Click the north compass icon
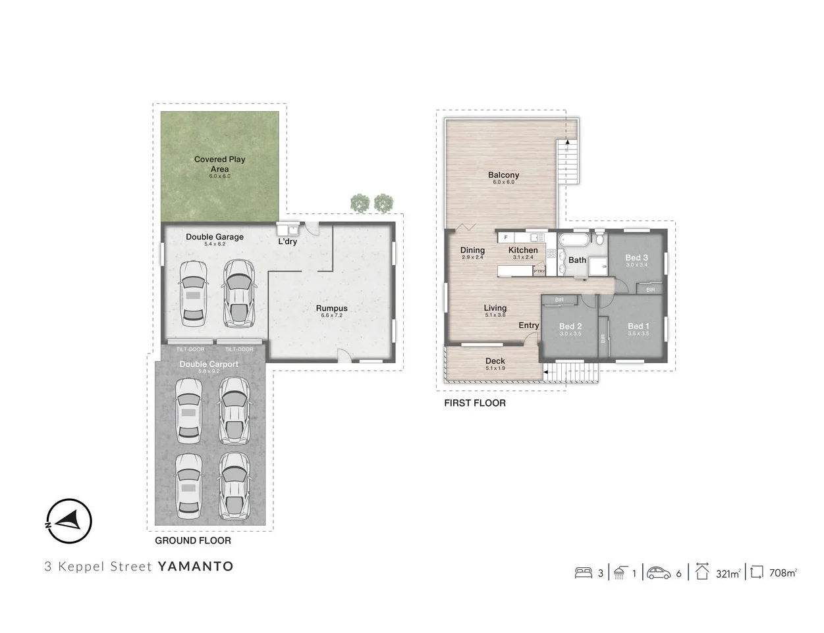[69, 521]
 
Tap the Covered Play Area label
[219, 164]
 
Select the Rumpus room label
[331, 308]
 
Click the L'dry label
[287, 241]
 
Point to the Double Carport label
[209, 364]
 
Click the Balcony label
[503, 175]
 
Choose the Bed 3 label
[636, 257]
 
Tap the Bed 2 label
[570, 326]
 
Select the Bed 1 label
[638, 326]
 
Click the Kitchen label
[523, 250]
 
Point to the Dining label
[472, 250]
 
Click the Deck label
[495, 361]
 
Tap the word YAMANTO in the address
[196, 567]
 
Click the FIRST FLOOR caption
[474, 403]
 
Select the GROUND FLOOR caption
[192, 540]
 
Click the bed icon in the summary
[584, 573]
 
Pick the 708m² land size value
[783, 573]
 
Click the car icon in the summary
[658, 573]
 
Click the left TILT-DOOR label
[190, 349]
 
